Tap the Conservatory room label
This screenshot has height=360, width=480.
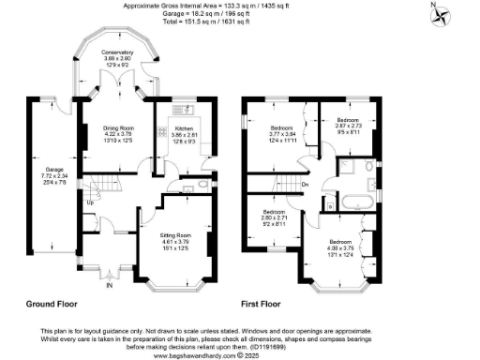tap(117, 57)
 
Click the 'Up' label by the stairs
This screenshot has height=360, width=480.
tap(90, 202)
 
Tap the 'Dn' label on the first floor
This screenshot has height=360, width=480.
tap(305, 184)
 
